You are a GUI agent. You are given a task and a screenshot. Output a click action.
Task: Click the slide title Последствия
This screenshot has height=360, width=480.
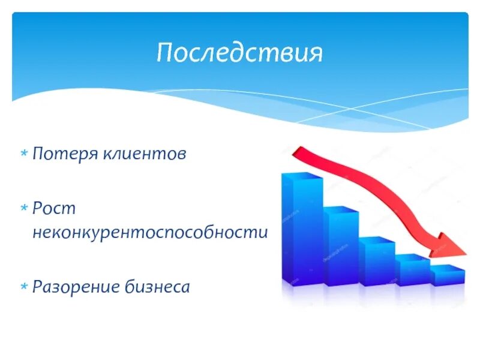pos(239,53)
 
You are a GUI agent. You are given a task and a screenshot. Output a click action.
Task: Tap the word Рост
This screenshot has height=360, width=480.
pos(54,209)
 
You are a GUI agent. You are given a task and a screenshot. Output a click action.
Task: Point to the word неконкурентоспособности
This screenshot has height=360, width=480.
pos(150,232)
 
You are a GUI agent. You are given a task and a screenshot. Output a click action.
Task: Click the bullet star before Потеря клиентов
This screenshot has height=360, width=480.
pos(24,154)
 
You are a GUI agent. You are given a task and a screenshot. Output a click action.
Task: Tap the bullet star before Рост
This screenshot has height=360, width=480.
pos(24,209)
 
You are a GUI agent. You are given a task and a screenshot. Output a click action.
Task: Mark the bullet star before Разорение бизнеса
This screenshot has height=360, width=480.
pos(24,287)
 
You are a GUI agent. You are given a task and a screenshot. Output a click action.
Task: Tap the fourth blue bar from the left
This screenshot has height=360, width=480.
pos(413,272)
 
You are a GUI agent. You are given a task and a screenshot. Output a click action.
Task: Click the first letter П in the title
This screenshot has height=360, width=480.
pos(164,53)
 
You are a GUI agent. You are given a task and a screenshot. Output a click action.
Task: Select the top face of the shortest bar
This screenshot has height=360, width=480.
pos(448,268)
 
